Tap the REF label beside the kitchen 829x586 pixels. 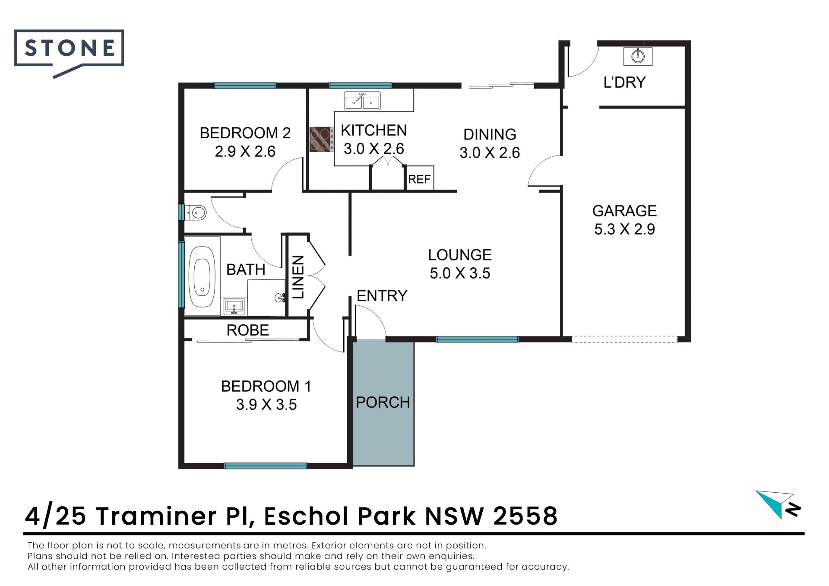(x=419, y=179)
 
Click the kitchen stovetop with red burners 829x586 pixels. (x=321, y=139)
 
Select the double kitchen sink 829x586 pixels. (x=362, y=101)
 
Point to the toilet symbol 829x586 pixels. (x=195, y=212)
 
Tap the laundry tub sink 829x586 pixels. (x=638, y=56)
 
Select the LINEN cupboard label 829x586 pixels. (x=298, y=277)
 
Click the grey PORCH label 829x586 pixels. (x=383, y=402)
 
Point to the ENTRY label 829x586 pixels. (x=382, y=296)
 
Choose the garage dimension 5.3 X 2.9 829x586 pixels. (x=624, y=229)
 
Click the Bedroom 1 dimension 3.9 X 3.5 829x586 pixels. (x=266, y=405)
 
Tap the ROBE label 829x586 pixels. (x=248, y=330)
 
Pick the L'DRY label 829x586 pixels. (x=624, y=82)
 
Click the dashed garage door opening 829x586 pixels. (x=624, y=339)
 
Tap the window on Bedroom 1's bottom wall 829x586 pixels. (x=266, y=466)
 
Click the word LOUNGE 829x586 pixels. (x=460, y=255)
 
